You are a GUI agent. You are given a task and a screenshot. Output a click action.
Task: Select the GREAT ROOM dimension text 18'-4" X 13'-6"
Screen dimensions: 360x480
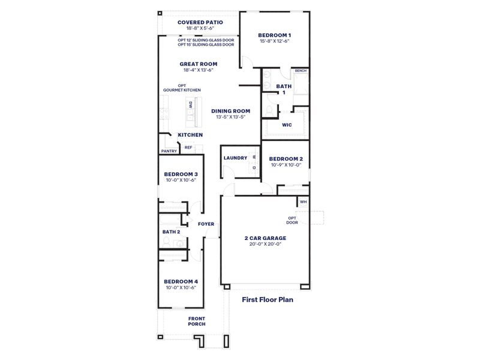tap(198, 70)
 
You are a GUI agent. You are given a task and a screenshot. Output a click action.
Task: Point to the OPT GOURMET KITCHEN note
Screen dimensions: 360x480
tap(181, 88)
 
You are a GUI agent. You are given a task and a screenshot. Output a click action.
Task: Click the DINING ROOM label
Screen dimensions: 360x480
tap(230, 111)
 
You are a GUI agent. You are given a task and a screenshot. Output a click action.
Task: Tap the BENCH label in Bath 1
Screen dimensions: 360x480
tap(301, 71)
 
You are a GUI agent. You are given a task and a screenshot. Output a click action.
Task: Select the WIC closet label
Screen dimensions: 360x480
tap(287, 125)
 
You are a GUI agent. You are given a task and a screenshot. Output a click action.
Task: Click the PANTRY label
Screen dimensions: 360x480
tap(169, 151)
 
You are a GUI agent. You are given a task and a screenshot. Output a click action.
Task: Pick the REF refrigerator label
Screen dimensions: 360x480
tap(188, 147)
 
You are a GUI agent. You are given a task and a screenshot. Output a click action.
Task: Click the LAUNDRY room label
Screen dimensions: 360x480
tap(235, 158)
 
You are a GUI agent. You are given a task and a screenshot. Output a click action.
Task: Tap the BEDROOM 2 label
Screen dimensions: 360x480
tap(286, 159)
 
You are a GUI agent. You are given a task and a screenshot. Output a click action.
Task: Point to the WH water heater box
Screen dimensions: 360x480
tap(303, 202)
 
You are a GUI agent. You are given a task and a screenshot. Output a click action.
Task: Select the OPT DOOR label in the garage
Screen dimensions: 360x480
tap(292, 220)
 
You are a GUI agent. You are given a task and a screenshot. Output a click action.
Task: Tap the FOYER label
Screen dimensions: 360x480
tap(206, 224)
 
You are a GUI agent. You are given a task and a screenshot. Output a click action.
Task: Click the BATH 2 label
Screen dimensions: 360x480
tap(171, 232)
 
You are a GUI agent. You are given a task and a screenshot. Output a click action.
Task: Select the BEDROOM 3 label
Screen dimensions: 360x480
tap(181, 174)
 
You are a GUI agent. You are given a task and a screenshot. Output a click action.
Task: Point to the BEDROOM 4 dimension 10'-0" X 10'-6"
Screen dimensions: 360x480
tap(181, 287)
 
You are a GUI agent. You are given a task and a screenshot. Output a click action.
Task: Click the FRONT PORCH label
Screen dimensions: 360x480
tap(197, 321)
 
